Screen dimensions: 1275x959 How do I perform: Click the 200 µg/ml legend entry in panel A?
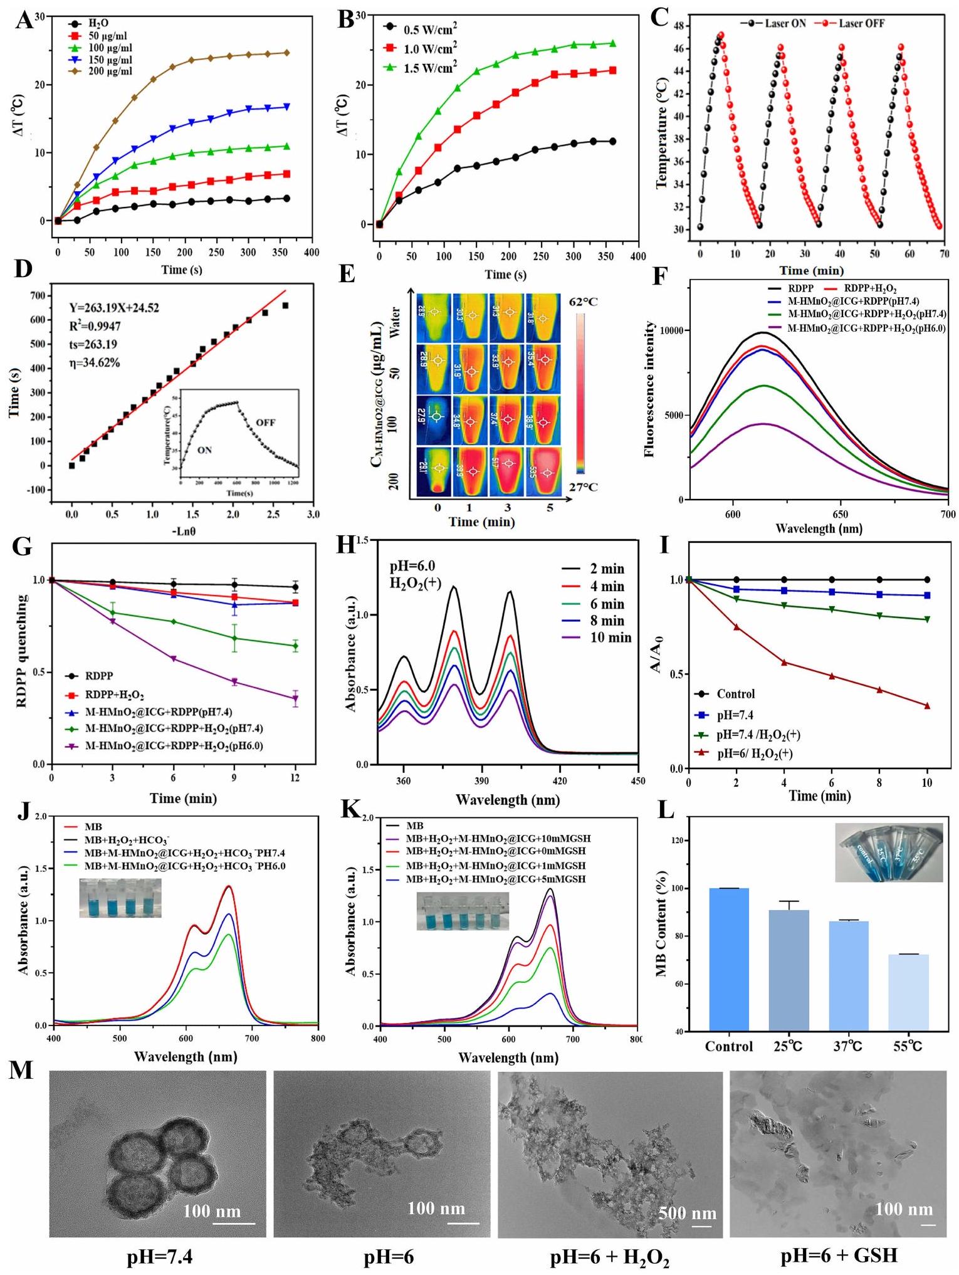click(109, 71)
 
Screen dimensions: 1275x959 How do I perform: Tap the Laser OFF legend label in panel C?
click(861, 23)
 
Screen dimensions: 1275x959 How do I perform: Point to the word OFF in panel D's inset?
click(265, 422)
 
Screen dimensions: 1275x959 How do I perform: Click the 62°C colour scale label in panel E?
click(583, 302)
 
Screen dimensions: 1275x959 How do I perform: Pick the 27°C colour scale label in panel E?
click(583, 488)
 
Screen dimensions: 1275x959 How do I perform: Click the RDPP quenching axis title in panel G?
click(23, 652)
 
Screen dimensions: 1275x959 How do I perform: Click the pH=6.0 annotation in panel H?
click(412, 567)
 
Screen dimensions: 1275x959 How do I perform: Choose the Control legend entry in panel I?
click(735, 694)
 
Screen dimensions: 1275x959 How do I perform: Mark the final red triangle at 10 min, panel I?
click(927, 706)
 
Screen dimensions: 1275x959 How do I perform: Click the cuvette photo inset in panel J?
click(120, 898)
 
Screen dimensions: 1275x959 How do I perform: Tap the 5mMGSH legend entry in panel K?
click(495, 879)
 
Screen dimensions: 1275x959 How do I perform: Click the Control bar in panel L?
click(729, 959)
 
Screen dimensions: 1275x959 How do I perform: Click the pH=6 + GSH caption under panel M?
click(839, 1256)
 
